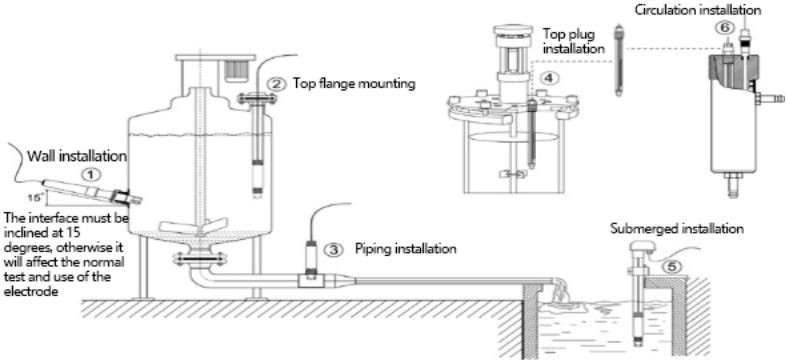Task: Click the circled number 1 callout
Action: coord(91,174)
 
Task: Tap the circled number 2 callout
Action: coord(275,83)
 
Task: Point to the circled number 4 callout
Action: coord(550,78)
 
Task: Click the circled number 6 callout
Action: coord(725,30)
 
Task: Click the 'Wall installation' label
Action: coord(77,156)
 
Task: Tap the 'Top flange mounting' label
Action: coord(354,83)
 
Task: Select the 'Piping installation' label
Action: coord(406,248)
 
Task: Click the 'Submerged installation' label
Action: coord(677,229)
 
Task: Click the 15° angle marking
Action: coord(34,198)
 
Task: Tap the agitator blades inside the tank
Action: coord(200,226)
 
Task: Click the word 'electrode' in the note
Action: coord(25,291)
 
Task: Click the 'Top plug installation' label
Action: coord(573,42)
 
